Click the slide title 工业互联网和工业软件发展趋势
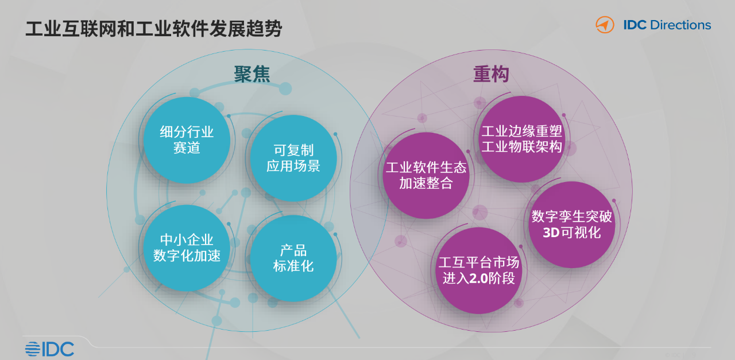[x=153, y=29]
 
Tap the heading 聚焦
[x=252, y=74]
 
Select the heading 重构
[x=491, y=74]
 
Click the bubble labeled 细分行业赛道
[x=187, y=140]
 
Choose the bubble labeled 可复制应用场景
[x=293, y=158]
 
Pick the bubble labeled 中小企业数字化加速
[x=187, y=248]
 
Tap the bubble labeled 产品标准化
[x=293, y=258]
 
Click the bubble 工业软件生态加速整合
[x=426, y=176]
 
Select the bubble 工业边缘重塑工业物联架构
[x=522, y=139]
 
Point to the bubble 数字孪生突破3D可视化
[x=571, y=225]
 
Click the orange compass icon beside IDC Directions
[x=605, y=25]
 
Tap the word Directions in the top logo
[x=680, y=25]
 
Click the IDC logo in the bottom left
[x=49, y=349]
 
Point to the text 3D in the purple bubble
[x=551, y=233]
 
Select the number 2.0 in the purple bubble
[x=479, y=278]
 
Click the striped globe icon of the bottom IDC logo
[x=33, y=349]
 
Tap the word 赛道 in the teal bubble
[x=187, y=148]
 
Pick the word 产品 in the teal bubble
[x=293, y=250]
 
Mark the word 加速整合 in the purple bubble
[x=426, y=183]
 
